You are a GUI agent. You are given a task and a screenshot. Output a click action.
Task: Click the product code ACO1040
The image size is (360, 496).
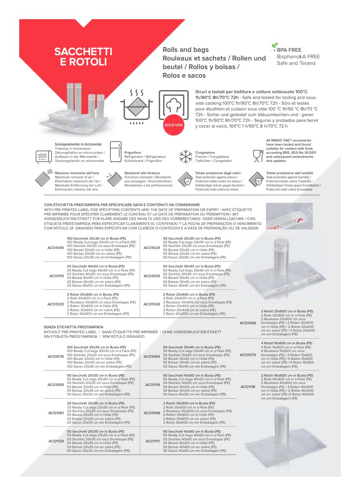click(56, 248)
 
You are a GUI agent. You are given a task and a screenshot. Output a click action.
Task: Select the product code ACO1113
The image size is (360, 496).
click(56, 276)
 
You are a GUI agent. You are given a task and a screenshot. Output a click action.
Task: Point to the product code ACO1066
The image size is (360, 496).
click(248, 323)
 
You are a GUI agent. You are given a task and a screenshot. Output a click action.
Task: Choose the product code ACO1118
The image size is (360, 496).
click(248, 387)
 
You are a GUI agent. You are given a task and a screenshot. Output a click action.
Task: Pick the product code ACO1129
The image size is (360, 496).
click(56, 441)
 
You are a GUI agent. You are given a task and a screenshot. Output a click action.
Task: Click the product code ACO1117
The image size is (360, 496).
click(153, 441)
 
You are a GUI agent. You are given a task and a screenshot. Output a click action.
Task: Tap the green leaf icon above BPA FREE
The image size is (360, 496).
click(275, 45)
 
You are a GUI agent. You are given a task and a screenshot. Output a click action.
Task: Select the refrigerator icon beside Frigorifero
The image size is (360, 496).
click(116, 153)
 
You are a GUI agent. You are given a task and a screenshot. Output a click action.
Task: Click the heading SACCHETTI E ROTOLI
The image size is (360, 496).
click(83, 57)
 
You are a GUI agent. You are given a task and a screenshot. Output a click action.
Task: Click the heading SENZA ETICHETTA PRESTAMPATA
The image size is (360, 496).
click(74, 328)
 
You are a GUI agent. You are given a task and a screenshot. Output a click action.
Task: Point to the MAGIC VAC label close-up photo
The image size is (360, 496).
click(289, 216)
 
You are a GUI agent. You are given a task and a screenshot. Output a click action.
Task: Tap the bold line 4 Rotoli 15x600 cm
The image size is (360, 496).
click(286, 343)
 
